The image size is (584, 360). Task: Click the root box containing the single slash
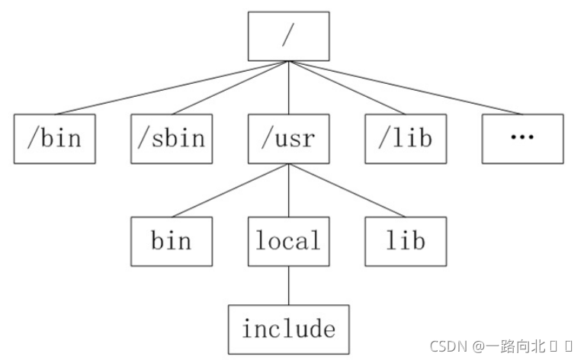point(289,36)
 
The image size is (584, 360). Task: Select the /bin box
point(55,139)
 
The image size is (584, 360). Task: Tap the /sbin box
point(172,139)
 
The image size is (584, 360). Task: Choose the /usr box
point(289,139)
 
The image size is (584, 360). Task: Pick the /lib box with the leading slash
point(406,139)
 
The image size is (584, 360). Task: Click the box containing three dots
point(522,139)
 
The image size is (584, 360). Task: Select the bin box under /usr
point(172,242)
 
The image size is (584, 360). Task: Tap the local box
point(289,242)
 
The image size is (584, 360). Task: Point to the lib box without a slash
point(406,242)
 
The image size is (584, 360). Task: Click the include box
point(289,329)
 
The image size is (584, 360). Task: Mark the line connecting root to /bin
point(172,88)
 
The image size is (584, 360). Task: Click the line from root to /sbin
point(230,88)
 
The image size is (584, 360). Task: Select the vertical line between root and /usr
point(289,88)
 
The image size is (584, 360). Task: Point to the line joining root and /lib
point(347,88)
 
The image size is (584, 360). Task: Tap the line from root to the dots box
point(406,88)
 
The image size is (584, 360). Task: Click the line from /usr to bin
point(230,190)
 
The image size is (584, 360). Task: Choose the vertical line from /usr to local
point(289,190)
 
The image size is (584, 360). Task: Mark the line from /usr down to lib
point(347,190)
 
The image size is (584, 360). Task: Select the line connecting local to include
point(289,285)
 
